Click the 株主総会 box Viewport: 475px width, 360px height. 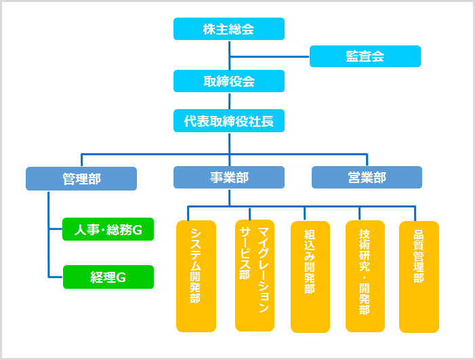(228, 29)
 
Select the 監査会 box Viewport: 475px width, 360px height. (365, 56)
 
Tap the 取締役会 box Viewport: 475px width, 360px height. (228, 81)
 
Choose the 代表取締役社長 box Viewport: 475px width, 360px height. (228, 121)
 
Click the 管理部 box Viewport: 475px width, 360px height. (81, 179)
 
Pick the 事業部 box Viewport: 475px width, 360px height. (228, 178)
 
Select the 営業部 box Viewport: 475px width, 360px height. (367, 178)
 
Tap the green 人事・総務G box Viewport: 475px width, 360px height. (108, 230)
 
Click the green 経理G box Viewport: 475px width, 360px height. (108, 277)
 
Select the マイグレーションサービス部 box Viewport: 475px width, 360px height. (255, 275)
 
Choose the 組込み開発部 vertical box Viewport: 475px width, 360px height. (310, 277)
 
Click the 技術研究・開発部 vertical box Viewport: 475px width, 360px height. (365, 276)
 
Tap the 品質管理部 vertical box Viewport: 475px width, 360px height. (419, 276)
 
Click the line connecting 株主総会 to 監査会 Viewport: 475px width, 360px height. (270, 56)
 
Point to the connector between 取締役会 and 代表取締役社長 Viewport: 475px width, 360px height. (229, 101)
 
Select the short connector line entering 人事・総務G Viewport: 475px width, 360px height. (56, 230)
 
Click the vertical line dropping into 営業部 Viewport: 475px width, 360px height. (367, 160)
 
